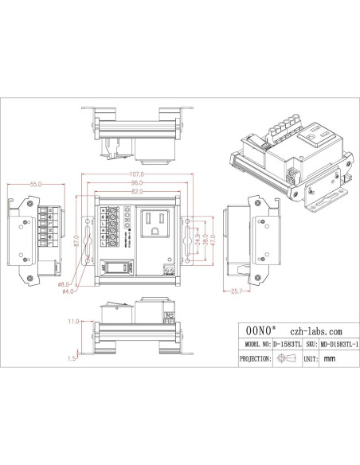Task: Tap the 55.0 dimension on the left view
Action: [x=34, y=184]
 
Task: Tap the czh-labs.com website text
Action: [x=317, y=330]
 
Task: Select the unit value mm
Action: [x=330, y=360]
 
